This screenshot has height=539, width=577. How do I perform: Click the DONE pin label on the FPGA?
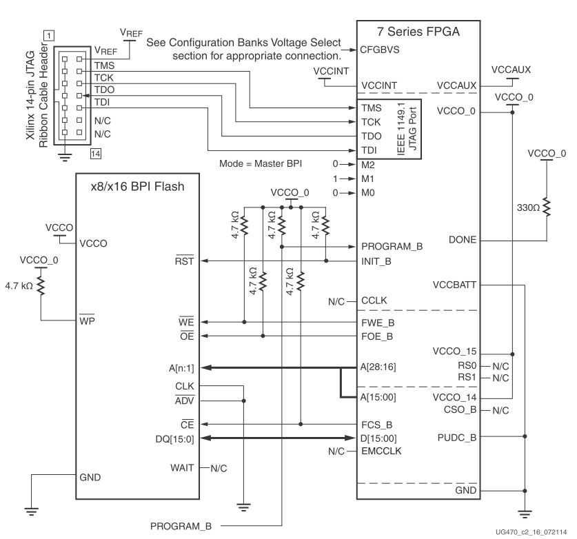point(463,241)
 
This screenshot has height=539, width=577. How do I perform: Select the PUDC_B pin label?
point(456,437)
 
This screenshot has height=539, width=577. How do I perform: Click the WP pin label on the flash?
point(87,321)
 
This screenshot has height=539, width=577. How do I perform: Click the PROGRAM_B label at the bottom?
point(181,527)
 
